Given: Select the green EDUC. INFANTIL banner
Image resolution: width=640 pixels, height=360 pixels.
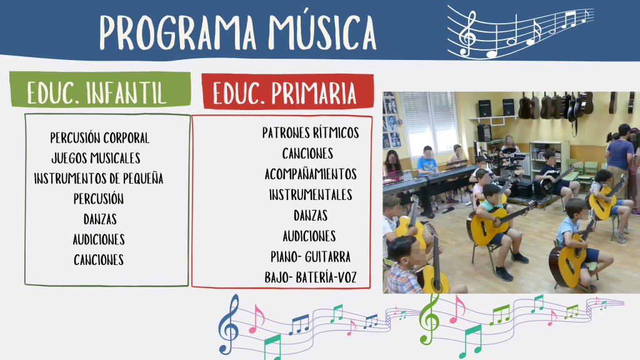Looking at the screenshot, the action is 100,89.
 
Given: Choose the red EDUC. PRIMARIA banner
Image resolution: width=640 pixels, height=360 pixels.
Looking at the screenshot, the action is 287,91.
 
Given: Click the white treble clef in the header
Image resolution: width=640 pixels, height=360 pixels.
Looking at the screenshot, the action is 467,33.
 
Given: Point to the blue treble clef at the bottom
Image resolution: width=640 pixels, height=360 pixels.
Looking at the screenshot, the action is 229,324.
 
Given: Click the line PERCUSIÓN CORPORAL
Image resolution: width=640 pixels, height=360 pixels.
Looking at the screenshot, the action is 99,138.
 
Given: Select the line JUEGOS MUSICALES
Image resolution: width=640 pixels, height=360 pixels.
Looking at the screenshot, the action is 96,158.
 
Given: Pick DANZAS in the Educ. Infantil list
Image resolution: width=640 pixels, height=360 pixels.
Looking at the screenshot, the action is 100,219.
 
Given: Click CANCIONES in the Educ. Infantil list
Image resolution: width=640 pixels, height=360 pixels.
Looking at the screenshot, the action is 99,260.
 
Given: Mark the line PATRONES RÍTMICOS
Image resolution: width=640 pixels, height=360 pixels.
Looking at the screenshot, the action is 311,132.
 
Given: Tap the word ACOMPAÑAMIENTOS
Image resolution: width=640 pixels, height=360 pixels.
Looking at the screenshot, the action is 311,174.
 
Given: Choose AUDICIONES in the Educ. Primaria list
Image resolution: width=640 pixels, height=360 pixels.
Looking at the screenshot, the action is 309,236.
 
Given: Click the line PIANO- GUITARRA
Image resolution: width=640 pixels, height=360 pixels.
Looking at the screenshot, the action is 311,257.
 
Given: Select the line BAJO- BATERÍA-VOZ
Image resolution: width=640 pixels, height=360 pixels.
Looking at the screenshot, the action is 311,277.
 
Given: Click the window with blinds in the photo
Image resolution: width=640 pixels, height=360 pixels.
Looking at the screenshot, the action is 429,121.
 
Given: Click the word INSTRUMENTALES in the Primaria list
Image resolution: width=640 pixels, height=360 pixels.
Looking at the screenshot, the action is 311,195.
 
